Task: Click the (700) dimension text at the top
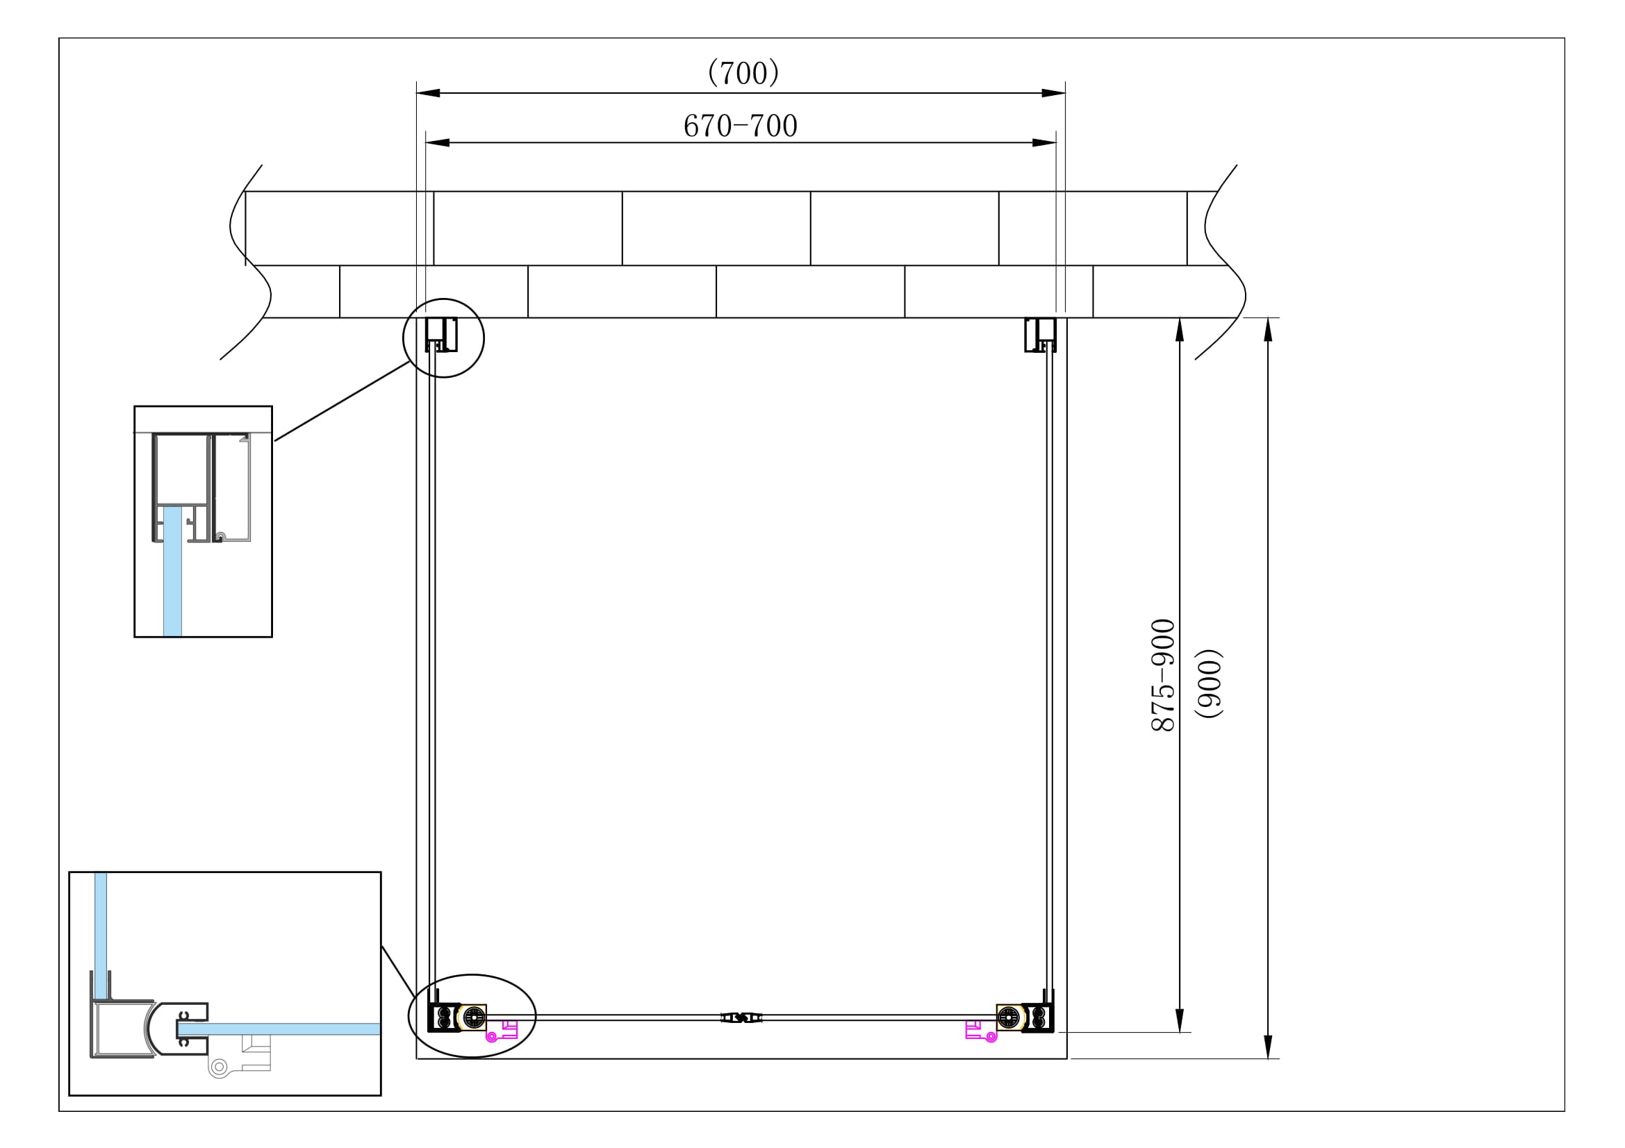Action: click(743, 73)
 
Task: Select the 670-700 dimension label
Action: click(741, 126)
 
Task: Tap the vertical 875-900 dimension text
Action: click(1163, 675)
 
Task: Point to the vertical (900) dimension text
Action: click(1209, 683)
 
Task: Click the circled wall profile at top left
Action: click(441, 335)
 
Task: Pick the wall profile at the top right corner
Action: click(1041, 335)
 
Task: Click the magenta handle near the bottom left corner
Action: click(501, 1031)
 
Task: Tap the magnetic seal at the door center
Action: click(741, 1018)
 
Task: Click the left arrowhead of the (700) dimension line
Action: click(427, 92)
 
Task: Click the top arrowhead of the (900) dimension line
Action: click(1268, 330)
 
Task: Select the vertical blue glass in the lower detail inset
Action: click(101, 933)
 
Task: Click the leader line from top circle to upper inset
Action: click(341, 401)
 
